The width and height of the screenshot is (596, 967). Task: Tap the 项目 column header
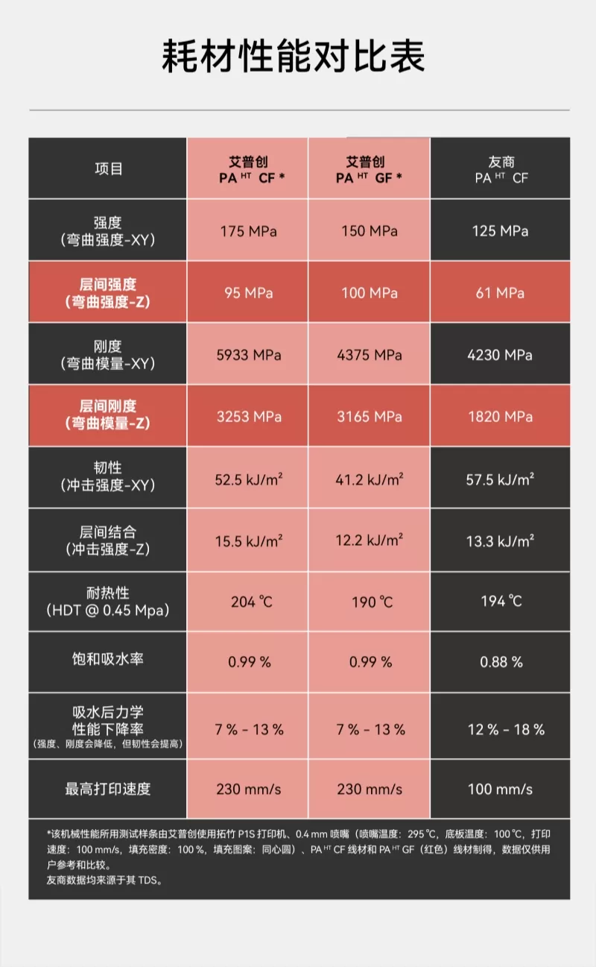click(x=109, y=169)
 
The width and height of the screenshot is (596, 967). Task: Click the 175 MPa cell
click(x=248, y=231)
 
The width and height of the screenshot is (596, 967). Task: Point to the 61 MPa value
click(x=501, y=293)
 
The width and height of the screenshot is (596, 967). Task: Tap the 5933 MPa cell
click(x=249, y=355)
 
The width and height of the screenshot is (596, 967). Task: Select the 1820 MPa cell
click(x=501, y=417)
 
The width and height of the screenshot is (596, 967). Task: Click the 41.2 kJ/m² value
click(x=370, y=479)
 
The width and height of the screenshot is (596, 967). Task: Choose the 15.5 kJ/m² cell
click(x=249, y=541)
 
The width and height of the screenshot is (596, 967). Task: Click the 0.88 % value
click(x=501, y=662)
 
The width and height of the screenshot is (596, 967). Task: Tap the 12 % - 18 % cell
click(x=506, y=729)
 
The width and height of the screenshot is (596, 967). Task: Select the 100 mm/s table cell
click(x=500, y=789)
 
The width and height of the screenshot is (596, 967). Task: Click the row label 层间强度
click(x=108, y=285)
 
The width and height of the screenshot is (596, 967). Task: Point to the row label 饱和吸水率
click(x=108, y=659)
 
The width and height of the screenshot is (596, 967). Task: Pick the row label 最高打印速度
click(x=108, y=789)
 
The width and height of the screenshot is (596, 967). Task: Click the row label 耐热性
click(x=108, y=593)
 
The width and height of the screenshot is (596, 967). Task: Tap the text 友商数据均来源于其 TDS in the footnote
click(x=104, y=881)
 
